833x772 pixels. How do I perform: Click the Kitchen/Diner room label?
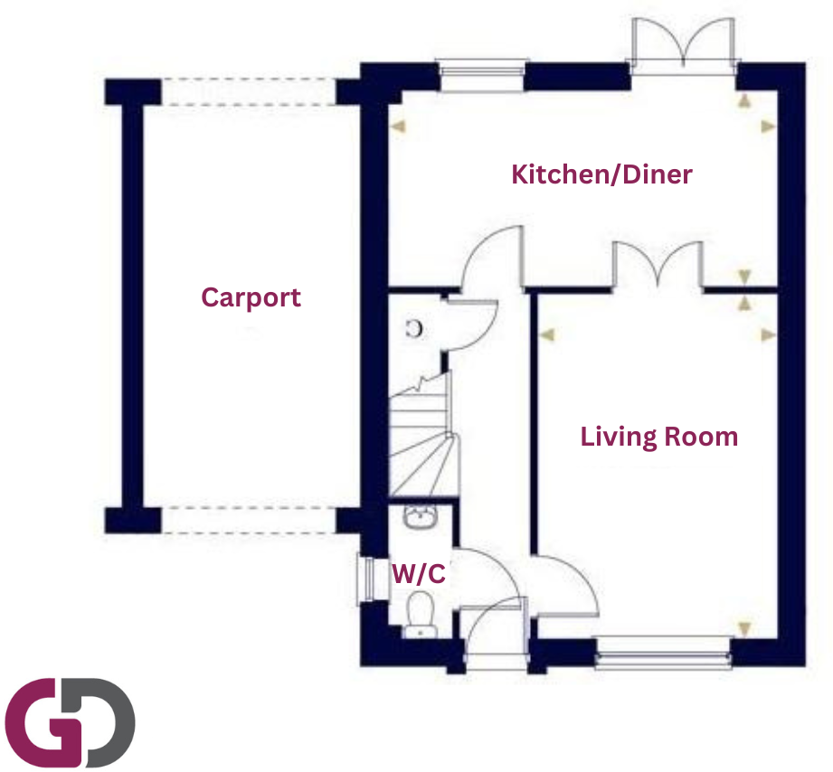point(601,174)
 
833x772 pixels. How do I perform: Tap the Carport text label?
point(251,297)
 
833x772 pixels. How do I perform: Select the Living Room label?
point(658,438)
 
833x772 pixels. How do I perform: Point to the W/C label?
point(418,574)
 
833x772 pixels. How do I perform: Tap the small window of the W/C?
point(366,579)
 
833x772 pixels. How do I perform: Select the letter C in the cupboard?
point(415,329)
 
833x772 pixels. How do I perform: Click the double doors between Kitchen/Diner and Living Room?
point(658,265)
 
